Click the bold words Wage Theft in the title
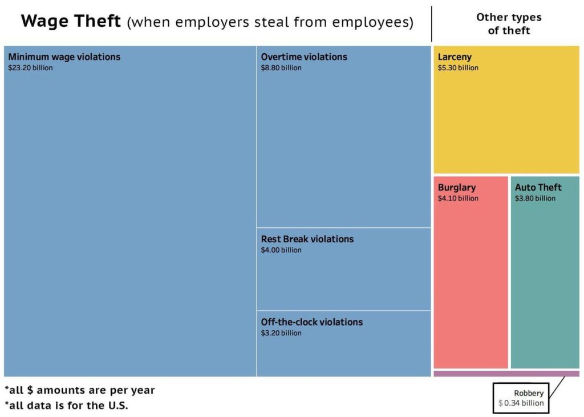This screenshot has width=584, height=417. tap(71, 22)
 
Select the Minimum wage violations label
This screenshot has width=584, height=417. tap(64, 57)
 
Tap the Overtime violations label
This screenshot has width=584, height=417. tap(304, 57)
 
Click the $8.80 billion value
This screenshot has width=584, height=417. tap(281, 68)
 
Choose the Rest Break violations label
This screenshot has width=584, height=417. tap(307, 239)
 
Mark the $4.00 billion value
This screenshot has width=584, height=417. tap(281, 250)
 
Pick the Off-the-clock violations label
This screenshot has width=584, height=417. tap(312, 322)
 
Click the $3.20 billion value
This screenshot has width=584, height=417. tap(281, 333)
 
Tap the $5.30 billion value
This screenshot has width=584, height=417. tap(458, 68)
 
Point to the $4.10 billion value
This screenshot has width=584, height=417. tap(458, 199)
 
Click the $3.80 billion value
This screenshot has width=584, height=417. tap(535, 199)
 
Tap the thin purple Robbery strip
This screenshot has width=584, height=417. tap(506, 374)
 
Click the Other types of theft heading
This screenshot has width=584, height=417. tap(509, 24)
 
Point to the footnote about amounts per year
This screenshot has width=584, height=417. tap(80, 391)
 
